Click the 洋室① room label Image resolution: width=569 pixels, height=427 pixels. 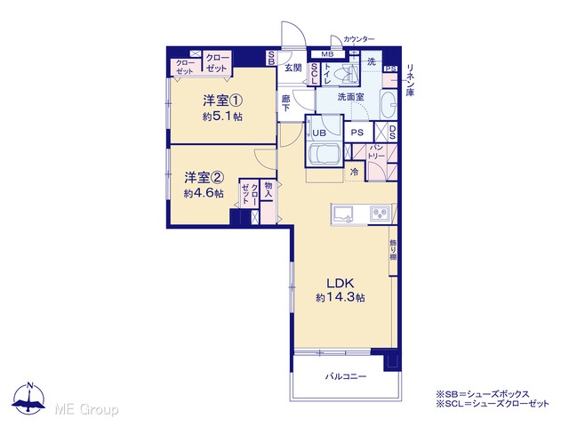[x=222, y=101]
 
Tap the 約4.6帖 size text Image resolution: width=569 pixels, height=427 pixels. [x=204, y=194]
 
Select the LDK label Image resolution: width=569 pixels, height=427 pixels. [x=341, y=283]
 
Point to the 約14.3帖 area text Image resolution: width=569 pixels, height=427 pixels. [x=341, y=298]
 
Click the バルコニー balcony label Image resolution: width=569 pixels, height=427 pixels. [x=346, y=376]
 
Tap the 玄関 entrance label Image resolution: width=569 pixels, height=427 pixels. [x=293, y=68]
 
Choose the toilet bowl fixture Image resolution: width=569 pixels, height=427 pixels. [x=346, y=75]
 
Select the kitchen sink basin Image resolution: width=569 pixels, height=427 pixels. [x=343, y=213]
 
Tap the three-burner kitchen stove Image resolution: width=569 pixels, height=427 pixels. [x=380, y=213]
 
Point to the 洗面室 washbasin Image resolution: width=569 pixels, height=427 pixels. [x=389, y=105]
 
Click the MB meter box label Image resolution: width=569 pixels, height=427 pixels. [x=328, y=54]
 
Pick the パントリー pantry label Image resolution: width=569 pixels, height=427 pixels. [x=376, y=152]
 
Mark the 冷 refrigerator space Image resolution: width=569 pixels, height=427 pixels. [x=354, y=172]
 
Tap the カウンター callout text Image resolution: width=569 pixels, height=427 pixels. [x=359, y=39]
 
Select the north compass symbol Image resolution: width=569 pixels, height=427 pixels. [x=29, y=399]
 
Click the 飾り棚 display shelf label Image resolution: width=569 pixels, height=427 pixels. [x=393, y=250]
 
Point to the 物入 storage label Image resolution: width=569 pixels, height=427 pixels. [x=268, y=189]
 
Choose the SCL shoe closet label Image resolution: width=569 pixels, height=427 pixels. [x=314, y=74]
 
